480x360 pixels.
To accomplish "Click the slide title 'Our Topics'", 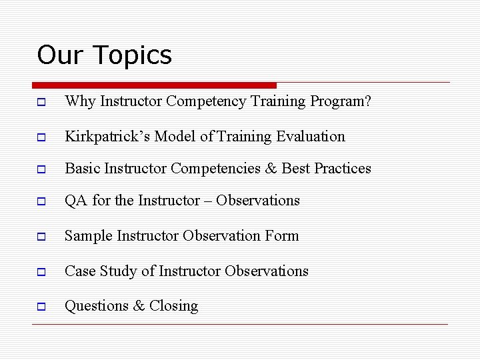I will [105, 55].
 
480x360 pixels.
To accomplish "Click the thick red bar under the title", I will [154, 85].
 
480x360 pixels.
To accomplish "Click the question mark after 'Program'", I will [367, 101].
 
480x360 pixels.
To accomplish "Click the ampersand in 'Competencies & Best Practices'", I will [271, 169].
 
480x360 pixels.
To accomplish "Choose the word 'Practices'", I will [343, 169].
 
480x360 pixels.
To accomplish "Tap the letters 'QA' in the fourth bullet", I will [76, 201].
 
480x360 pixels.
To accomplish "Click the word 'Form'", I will [282, 236].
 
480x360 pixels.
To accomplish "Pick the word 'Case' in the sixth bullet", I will [80, 271].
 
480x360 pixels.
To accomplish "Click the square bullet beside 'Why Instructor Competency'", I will [41, 103].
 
